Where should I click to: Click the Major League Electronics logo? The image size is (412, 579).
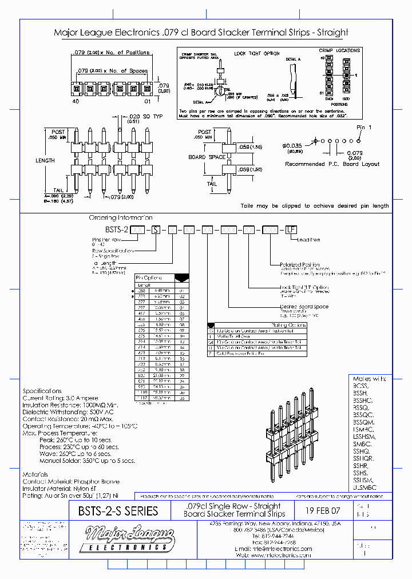tap(128, 538)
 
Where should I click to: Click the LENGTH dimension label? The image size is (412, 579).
tap(45, 161)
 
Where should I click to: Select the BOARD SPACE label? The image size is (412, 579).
tap(207, 157)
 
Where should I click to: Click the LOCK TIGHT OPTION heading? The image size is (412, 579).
tap(256, 53)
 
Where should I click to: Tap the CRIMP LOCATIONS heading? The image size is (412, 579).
tap(339, 51)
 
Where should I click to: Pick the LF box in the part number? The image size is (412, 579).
tap(291, 229)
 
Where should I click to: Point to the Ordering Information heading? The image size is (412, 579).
tap(120, 218)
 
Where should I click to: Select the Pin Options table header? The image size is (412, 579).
tap(149, 277)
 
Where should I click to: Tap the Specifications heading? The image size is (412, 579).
tap(42, 391)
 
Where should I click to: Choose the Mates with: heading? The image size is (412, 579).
tap(370, 379)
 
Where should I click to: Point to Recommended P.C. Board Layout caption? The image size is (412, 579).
tap(332, 164)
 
